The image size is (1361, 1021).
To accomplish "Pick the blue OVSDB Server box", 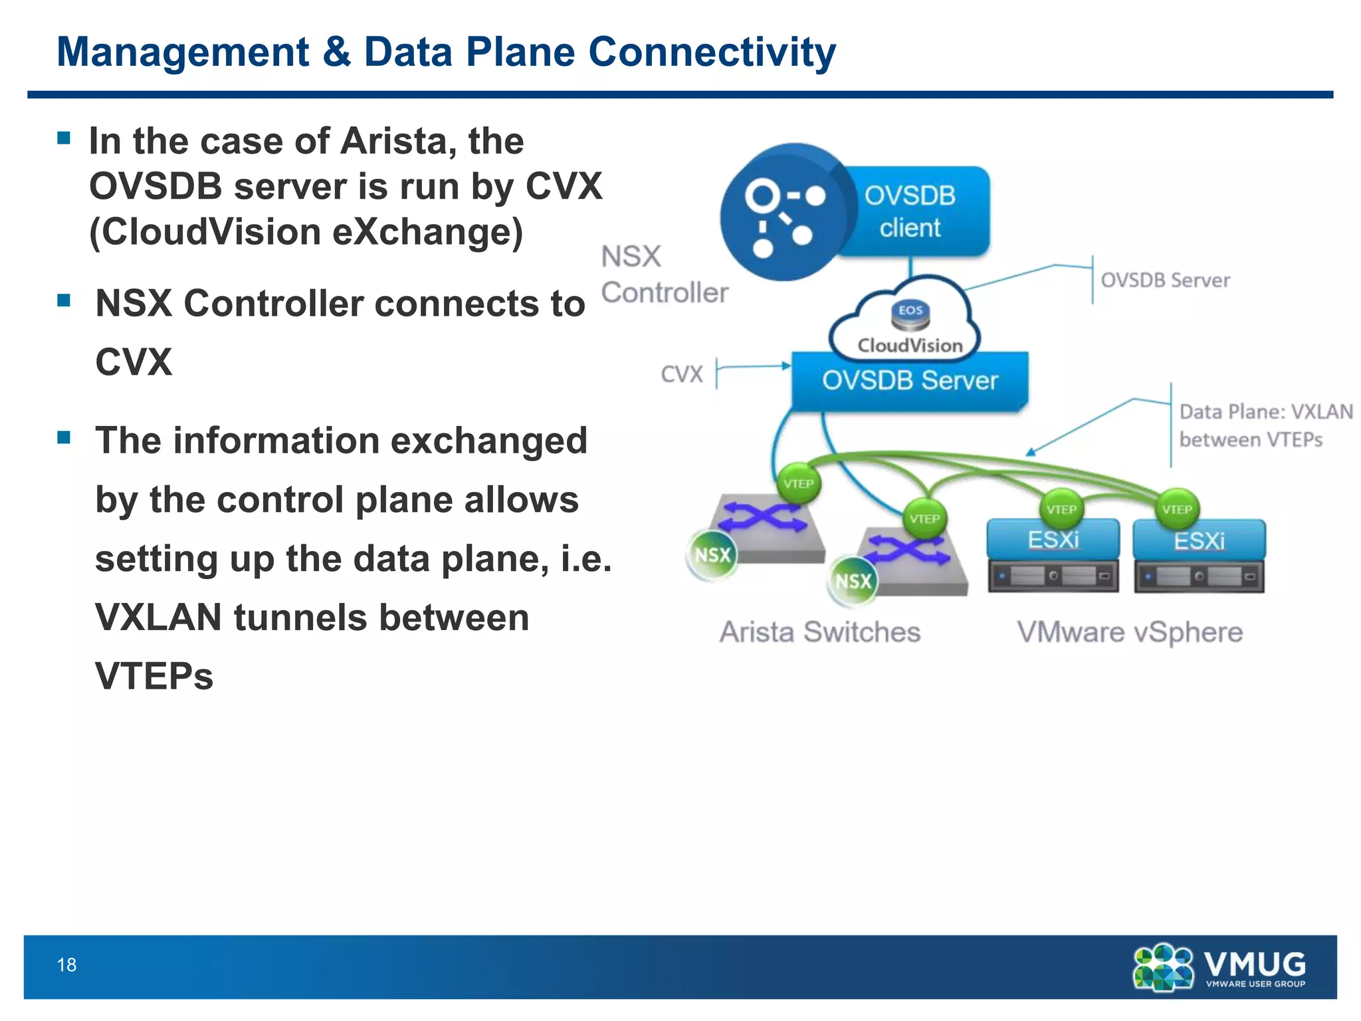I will (909, 381).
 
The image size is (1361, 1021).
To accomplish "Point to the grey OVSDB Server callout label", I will (1164, 281).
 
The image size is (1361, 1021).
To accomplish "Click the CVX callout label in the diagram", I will (681, 374).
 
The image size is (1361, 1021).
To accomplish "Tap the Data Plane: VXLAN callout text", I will (1265, 425).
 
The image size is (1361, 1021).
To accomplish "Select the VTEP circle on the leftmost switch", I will (798, 484).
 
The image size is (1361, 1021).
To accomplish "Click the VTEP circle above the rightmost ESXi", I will (1177, 510).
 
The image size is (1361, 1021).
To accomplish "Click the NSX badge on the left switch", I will (712, 555).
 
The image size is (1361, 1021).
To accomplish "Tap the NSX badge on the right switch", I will (853, 582).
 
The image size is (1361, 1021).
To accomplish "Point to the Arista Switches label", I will (820, 632).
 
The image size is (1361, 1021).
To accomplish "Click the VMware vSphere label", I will (1129, 632).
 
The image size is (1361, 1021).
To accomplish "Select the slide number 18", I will (66, 964).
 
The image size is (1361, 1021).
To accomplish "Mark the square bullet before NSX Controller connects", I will (64, 300).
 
